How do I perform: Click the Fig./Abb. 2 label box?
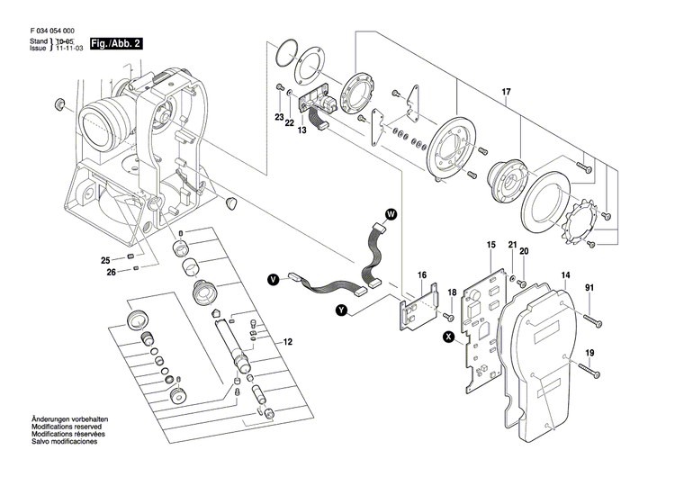[x=111, y=42]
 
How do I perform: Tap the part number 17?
[x=507, y=92]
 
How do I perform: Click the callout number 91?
[x=590, y=288]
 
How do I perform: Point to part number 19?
[x=590, y=352]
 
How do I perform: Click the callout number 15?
[x=491, y=245]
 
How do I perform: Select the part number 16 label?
[x=421, y=274]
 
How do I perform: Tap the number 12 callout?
[x=288, y=341]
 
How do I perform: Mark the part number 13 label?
[x=302, y=130]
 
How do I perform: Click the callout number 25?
[x=105, y=260]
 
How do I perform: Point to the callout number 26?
[x=111, y=273]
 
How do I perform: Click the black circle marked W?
[x=391, y=213]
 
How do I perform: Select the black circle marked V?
[x=273, y=280]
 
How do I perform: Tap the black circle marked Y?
[x=341, y=310]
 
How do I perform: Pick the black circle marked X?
[x=448, y=337]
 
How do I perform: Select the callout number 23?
[x=279, y=118]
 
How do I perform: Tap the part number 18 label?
[x=453, y=292]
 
